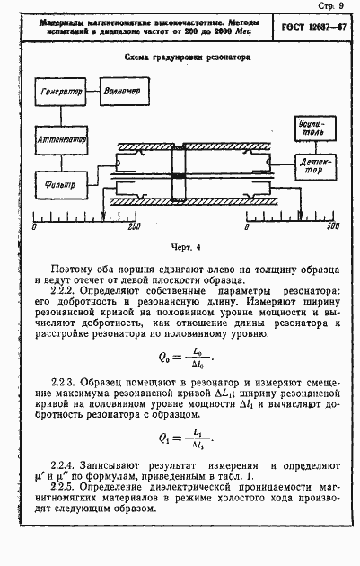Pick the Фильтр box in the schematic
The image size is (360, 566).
click(x=60, y=186)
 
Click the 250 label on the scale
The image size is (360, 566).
click(x=135, y=226)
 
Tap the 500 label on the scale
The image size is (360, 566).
click(x=332, y=226)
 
